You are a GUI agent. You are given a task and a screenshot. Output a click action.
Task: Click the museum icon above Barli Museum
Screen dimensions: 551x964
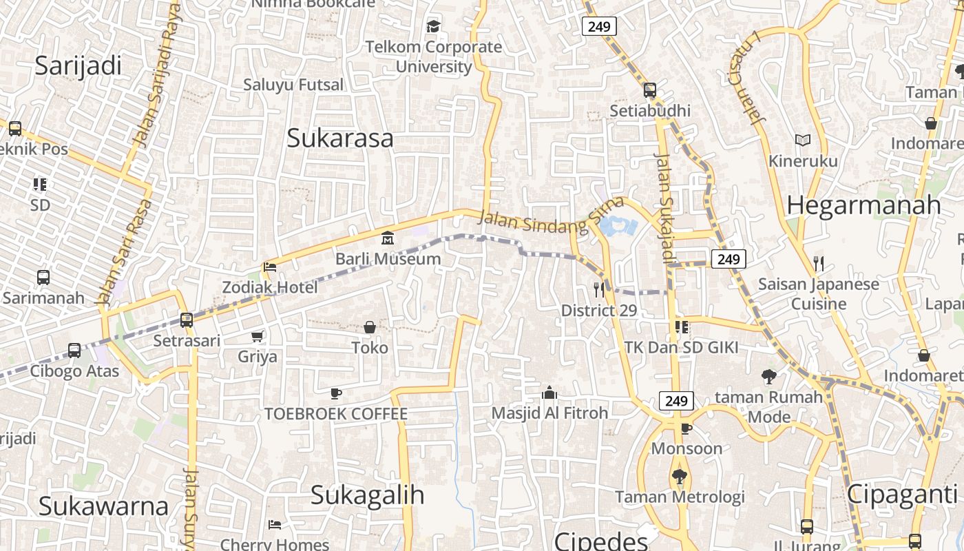click(x=388, y=238)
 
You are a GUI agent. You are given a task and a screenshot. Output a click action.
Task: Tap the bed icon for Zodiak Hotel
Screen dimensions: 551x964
click(x=270, y=267)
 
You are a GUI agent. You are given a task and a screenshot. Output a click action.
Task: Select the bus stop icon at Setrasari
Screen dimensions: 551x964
click(x=186, y=320)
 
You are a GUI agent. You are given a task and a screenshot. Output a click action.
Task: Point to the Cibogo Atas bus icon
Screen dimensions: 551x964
click(x=74, y=350)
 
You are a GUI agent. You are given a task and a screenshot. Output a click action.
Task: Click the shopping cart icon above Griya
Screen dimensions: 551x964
click(x=258, y=336)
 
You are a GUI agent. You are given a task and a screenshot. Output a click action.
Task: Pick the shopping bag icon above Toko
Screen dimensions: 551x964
click(x=370, y=326)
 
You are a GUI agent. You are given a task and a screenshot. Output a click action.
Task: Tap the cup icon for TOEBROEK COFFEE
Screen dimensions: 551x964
click(x=335, y=393)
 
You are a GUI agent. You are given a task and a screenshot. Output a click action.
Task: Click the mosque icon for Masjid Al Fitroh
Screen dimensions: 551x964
click(x=549, y=393)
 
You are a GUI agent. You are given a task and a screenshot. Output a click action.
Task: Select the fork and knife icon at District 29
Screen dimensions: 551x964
click(x=599, y=290)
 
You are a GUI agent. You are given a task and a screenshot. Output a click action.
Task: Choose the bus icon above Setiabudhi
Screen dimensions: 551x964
click(x=649, y=90)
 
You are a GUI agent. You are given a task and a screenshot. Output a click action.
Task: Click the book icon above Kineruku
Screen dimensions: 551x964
click(x=802, y=140)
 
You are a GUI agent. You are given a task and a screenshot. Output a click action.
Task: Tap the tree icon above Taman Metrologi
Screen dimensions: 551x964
click(x=680, y=476)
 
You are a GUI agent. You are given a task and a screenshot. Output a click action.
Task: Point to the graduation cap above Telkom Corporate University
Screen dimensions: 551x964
click(x=433, y=27)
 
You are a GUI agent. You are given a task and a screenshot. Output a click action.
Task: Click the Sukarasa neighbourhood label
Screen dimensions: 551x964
click(x=340, y=138)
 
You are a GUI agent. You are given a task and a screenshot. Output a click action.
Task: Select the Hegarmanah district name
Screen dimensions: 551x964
click(x=863, y=205)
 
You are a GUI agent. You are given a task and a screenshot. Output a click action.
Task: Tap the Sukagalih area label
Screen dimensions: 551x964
click(x=367, y=495)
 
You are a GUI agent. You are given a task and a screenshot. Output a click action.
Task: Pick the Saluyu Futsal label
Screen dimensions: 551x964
click(x=293, y=85)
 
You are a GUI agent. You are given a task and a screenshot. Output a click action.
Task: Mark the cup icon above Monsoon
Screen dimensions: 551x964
click(x=686, y=428)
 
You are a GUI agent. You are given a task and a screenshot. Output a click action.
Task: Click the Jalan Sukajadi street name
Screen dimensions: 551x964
click(x=665, y=207)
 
